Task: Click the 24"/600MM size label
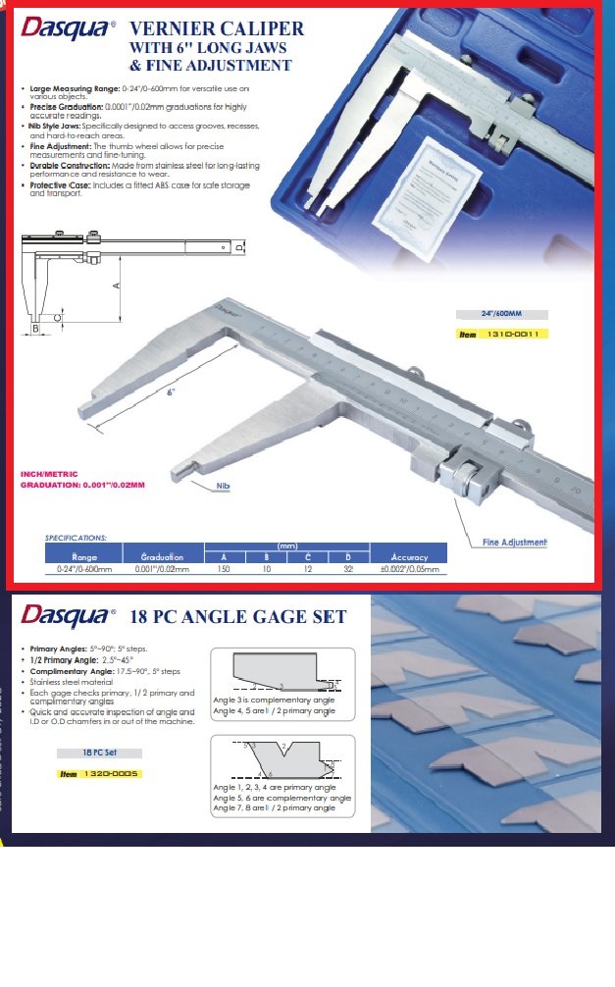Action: pyautogui.click(x=501, y=314)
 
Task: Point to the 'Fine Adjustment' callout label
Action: pyautogui.click(x=514, y=543)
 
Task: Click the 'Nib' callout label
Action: pyautogui.click(x=225, y=485)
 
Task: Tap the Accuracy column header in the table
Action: pyautogui.click(x=409, y=557)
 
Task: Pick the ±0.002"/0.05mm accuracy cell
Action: pyautogui.click(x=409, y=569)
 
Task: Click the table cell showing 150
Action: pyautogui.click(x=224, y=569)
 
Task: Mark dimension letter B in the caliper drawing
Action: pyautogui.click(x=35, y=330)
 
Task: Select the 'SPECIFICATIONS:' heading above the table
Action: pyautogui.click(x=77, y=538)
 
